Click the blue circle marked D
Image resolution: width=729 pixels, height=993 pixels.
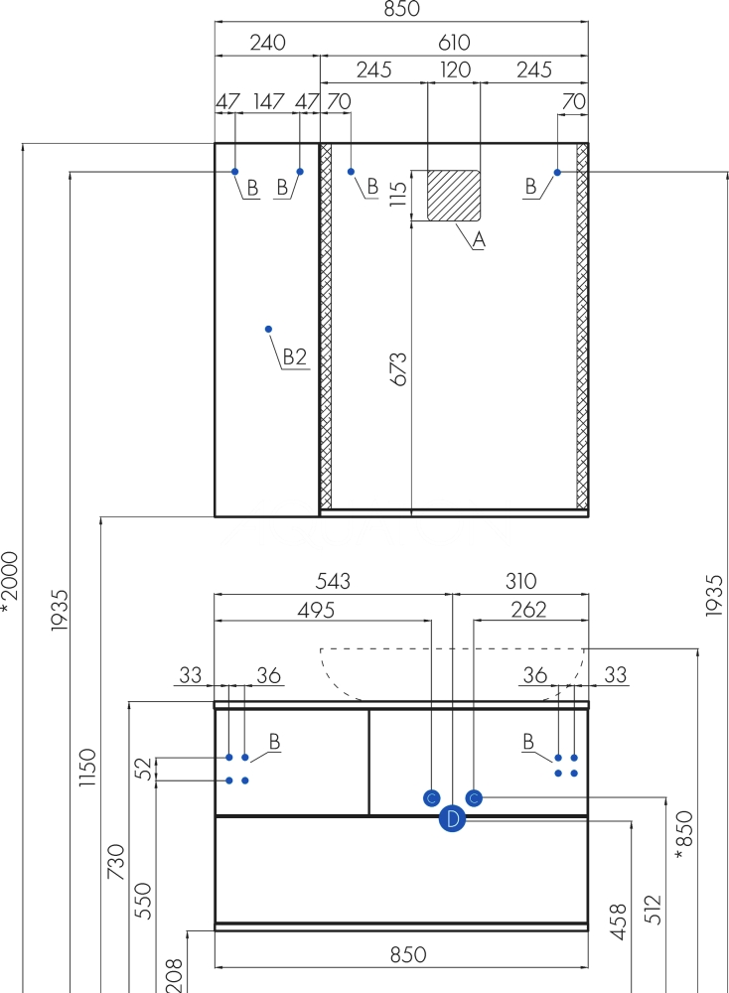[452, 819]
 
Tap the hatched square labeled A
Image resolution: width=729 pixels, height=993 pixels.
[454, 196]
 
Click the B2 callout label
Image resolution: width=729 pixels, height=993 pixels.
[295, 357]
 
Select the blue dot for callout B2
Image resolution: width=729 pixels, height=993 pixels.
[268, 329]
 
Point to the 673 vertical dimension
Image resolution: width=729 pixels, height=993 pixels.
[399, 369]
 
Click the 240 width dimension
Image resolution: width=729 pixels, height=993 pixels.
[267, 43]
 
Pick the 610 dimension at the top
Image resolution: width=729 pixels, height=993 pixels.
[454, 43]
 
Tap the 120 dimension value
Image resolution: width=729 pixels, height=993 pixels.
[456, 70]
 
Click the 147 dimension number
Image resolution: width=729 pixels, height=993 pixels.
[268, 101]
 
